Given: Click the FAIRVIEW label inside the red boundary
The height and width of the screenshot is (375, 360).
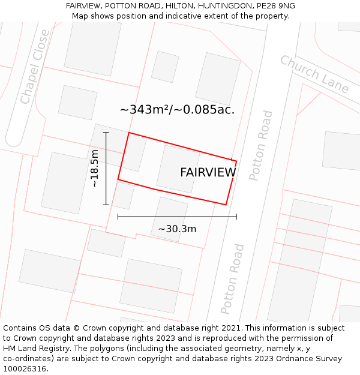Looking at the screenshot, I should pos(208,173).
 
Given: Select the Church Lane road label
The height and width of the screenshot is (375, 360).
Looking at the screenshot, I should pos(314,74).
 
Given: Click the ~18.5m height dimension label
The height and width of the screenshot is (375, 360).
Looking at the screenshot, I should pos(95,169).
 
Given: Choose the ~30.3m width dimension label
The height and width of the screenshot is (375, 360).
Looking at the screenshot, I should pos(177,229).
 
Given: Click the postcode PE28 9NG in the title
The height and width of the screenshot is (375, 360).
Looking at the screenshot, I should pos(275,6).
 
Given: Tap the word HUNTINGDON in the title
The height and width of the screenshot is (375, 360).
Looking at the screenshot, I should pos(207,6).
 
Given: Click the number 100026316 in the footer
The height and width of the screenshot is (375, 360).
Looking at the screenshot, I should pos(23,369).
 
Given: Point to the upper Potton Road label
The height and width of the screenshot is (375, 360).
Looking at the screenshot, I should pos(260,145).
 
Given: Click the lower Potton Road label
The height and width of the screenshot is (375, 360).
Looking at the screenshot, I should pos(232,278).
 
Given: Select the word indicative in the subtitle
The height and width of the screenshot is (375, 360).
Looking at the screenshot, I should pos(167,16).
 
